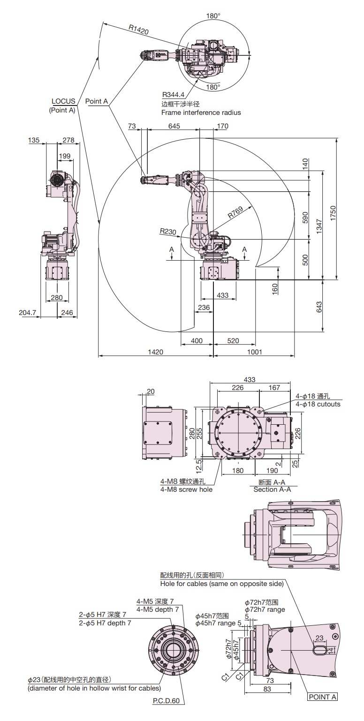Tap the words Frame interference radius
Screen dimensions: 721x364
pyautogui.click(x=201, y=113)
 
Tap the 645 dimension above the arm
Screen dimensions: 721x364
pyautogui.click(x=174, y=126)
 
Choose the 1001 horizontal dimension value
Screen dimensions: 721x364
pyautogui.click(x=254, y=352)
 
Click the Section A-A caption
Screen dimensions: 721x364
pyautogui.click(x=272, y=489)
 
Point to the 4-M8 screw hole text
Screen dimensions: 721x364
pyautogui.click(x=186, y=489)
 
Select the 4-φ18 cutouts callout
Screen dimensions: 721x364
pyautogui.click(x=318, y=404)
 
